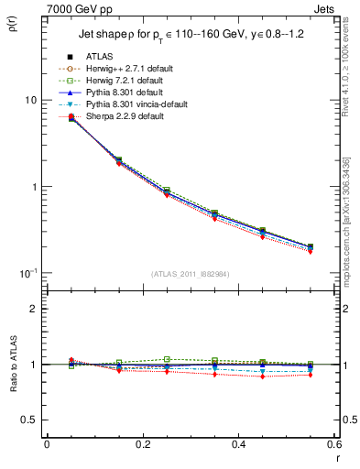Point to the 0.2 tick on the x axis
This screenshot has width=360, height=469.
pyautogui.click(x=142, y=444)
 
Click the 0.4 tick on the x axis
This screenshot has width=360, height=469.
pyautogui.click(x=238, y=444)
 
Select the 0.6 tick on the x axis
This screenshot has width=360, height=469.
pyautogui.click(x=333, y=444)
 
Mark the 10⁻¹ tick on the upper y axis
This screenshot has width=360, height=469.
pyautogui.click(x=31, y=273)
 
